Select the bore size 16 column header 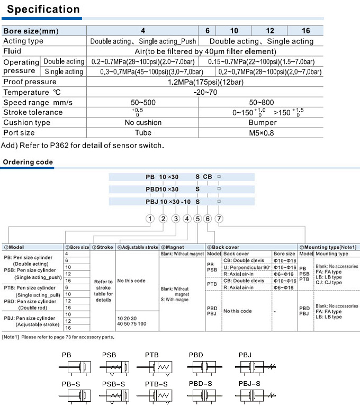(x=305, y=31)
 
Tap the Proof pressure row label (x=30, y=82)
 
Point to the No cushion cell (x=143, y=122)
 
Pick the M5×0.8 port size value (x=262, y=133)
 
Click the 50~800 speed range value (x=262, y=102)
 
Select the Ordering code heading (x=28, y=162)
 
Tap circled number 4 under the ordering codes (x=187, y=219)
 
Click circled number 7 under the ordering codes (x=219, y=219)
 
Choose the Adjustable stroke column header (x=137, y=247)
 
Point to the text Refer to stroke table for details (x=103, y=291)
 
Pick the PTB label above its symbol (x=152, y=355)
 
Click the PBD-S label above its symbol (x=200, y=383)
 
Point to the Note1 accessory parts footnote (x=58, y=337)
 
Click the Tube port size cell (x=143, y=133)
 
